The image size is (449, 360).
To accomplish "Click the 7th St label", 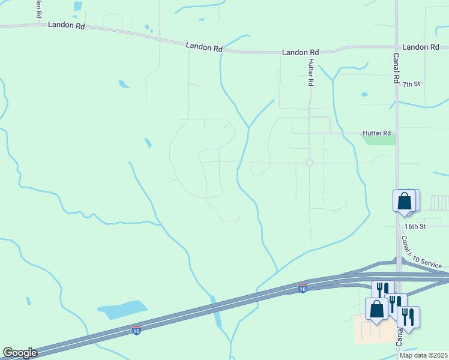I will [411, 85].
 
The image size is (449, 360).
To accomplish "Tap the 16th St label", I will [415, 226].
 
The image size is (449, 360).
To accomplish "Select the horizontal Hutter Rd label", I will [376, 133].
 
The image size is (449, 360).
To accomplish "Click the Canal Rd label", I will [397, 68].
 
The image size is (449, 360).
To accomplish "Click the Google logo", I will [20, 353].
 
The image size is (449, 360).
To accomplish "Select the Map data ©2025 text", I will [423, 355].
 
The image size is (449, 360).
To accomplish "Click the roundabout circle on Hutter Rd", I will [310, 163].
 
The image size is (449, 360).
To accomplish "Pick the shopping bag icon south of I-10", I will [377, 310].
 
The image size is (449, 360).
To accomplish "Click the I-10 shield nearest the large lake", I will [137, 330].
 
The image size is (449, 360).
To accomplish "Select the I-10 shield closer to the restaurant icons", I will [303, 289].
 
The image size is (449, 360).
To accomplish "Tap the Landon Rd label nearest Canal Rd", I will [421, 47].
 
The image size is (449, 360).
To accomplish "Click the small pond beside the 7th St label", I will [364, 94].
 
